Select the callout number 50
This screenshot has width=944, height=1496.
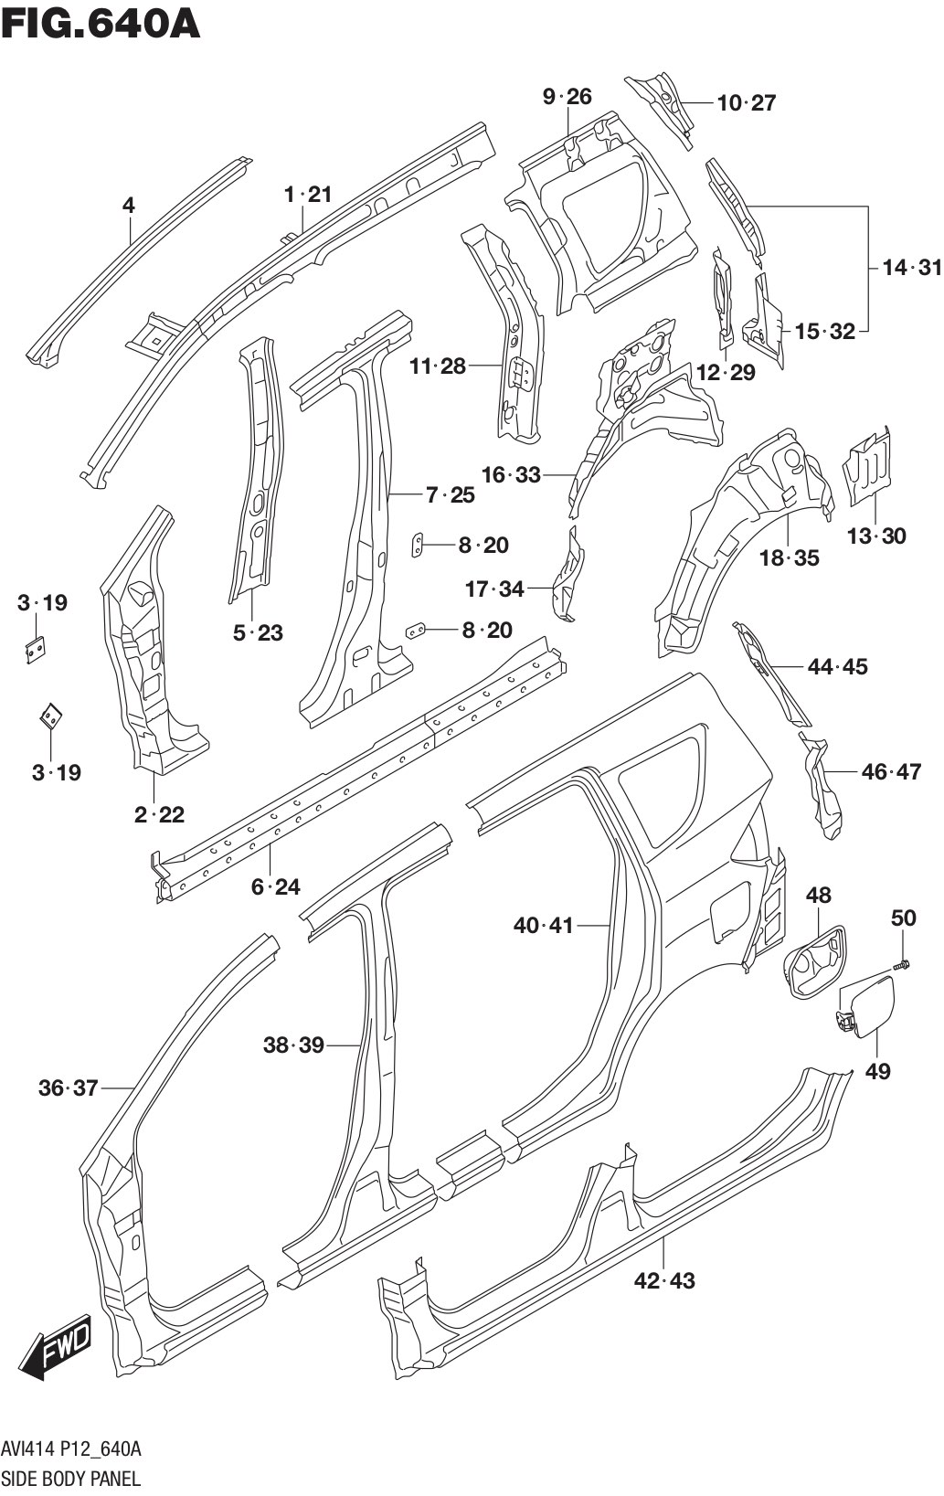(x=902, y=918)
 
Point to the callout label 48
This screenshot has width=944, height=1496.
(x=818, y=895)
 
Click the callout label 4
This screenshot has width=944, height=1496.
(x=129, y=206)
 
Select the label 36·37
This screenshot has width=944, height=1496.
(x=68, y=1088)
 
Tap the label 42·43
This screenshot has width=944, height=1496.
(x=664, y=1280)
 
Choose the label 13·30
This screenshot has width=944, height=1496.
(x=876, y=536)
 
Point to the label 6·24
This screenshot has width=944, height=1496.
(x=275, y=886)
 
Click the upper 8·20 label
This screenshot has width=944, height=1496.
(x=483, y=545)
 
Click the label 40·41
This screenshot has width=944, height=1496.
(x=543, y=925)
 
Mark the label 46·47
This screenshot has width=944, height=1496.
(x=891, y=771)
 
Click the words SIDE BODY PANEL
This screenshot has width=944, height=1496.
(x=70, y=1478)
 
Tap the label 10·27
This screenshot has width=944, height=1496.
(x=746, y=102)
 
